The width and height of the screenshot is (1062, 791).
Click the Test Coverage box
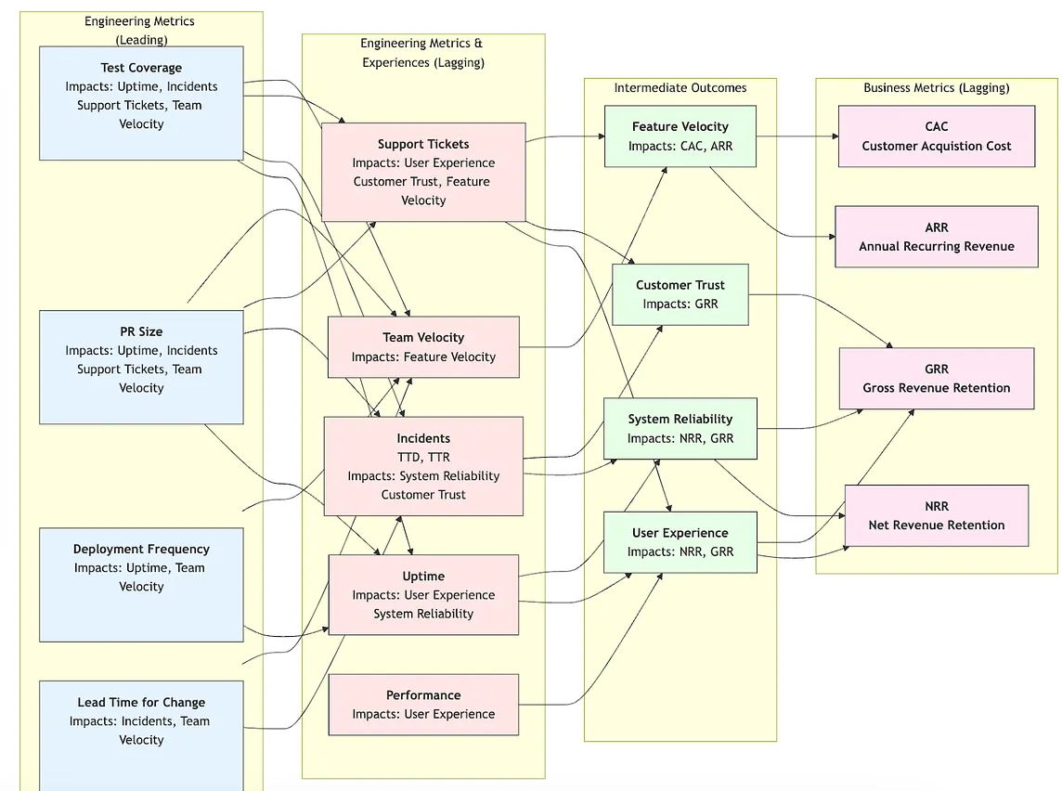click(141, 102)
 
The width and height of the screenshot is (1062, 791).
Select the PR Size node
click(141, 367)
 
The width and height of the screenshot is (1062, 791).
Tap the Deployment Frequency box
click(141, 584)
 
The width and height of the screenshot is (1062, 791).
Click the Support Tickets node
click(423, 172)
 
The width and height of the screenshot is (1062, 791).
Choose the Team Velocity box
click(423, 347)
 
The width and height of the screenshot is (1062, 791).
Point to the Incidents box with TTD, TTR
click(423, 466)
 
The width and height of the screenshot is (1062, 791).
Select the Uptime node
click(423, 595)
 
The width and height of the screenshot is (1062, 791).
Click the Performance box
click(423, 705)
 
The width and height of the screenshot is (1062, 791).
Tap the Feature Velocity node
click(680, 136)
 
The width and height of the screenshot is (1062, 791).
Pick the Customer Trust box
click(680, 294)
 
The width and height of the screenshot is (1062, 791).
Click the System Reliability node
click(680, 429)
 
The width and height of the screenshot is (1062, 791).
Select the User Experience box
click(680, 542)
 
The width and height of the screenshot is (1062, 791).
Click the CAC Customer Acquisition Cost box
click(936, 136)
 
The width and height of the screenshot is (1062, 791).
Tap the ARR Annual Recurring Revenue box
click(936, 237)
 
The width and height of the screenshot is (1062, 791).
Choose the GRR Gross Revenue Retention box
click(936, 379)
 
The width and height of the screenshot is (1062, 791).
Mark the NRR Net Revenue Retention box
click(936, 516)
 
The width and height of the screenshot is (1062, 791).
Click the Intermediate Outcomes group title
click(680, 88)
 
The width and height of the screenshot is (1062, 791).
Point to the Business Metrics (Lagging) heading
click(936, 88)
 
